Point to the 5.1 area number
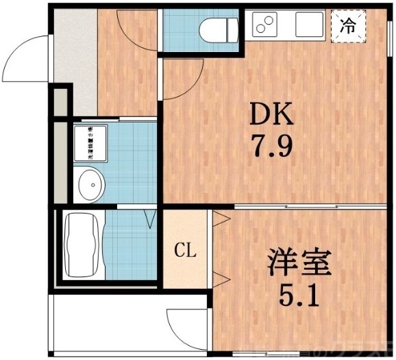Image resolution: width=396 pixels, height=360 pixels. [299, 296]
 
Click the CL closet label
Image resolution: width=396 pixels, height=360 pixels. [185, 250]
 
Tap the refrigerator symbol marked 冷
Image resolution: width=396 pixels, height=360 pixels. [349, 27]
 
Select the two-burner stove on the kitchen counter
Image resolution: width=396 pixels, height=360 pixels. [265, 26]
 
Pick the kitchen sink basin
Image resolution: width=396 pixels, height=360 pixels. [310, 26]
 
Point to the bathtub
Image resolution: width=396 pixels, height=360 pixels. [82, 244]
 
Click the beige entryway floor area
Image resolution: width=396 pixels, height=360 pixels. [74, 55]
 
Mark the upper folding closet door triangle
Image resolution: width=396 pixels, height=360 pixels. [221, 220]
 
